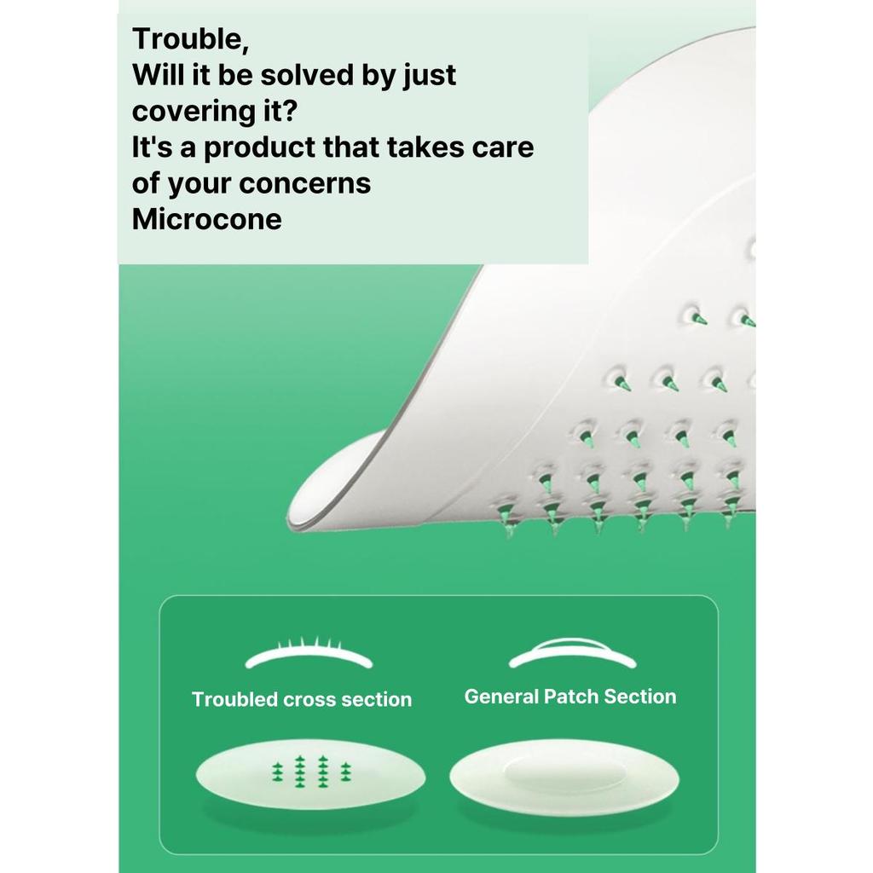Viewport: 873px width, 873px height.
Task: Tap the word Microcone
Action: pyautogui.click(x=206, y=219)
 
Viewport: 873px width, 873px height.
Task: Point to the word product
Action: pyautogui.click(x=259, y=148)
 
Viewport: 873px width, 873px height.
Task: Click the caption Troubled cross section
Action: pyautogui.click(x=302, y=699)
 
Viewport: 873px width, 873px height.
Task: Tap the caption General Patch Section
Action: pyautogui.click(x=570, y=697)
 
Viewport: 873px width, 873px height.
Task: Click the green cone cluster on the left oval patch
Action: pyautogui.click(x=312, y=772)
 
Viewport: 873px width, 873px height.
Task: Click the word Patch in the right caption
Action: pyautogui.click(x=571, y=697)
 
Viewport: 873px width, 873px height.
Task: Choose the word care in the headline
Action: pyautogui.click(x=503, y=148)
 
